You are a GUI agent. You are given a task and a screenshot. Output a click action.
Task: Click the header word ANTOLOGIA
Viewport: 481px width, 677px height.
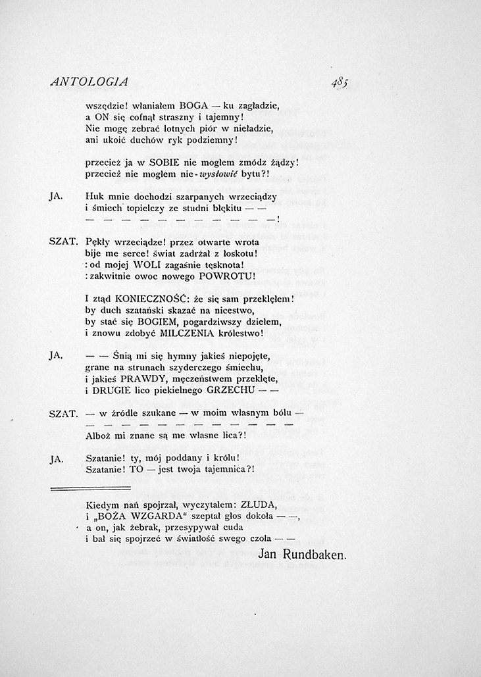coord(89,82)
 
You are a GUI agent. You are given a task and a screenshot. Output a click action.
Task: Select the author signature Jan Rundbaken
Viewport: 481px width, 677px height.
coord(302,555)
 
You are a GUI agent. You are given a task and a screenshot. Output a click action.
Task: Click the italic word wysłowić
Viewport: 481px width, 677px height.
coord(222,174)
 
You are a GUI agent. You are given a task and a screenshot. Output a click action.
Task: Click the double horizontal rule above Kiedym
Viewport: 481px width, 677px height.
coord(91,488)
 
